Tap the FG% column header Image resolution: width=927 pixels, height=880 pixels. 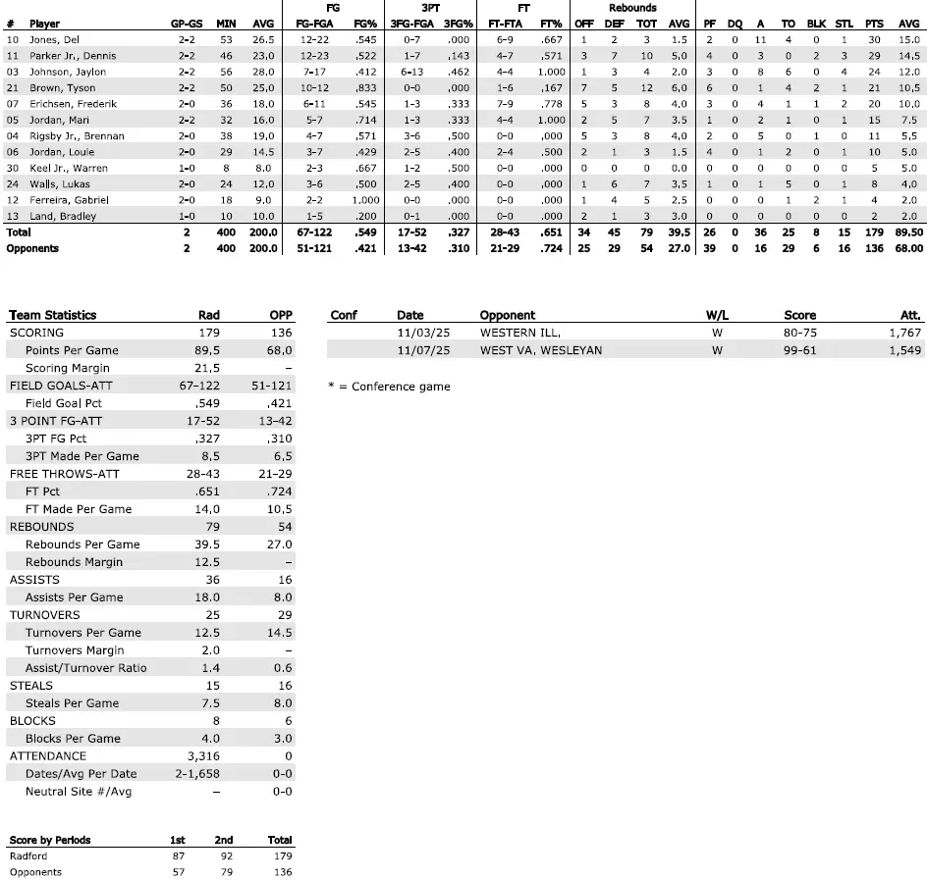coord(366,23)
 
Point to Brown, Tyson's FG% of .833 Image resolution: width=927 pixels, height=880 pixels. coord(365,88)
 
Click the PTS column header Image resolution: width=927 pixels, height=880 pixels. coord(873,23)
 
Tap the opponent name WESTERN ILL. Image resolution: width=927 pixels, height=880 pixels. coord(519,333)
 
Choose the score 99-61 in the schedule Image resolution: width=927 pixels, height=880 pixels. coord(800,350)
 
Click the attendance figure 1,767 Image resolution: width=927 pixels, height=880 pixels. coord(904,333)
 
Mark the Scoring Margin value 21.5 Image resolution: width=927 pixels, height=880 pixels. coord(208,368)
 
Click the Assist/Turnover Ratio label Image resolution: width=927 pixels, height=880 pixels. coord(86,668)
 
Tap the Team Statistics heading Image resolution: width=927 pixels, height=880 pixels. coord(53,315)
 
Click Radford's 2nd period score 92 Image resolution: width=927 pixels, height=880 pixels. coord(224,856)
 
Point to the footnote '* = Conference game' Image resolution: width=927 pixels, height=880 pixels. coord(389,387)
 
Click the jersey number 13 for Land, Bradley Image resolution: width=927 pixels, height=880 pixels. coord(12,216)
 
